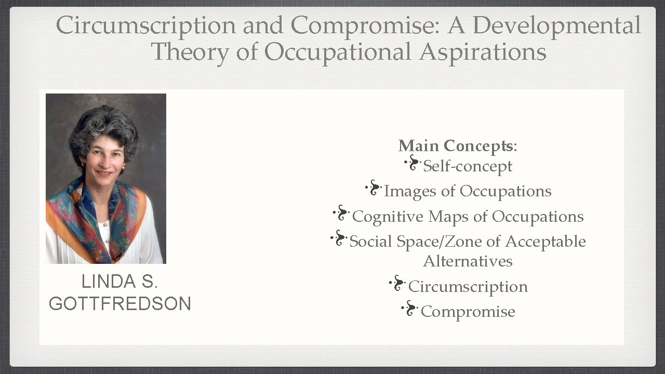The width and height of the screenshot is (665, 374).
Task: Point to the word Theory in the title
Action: click(189, 52)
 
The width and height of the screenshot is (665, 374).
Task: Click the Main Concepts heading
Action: click(457, 146)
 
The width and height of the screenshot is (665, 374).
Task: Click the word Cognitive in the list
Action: click(388, 217)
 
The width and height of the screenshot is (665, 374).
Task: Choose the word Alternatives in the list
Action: click(468, 261)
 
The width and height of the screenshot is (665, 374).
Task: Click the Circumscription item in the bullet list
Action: click(468, 286)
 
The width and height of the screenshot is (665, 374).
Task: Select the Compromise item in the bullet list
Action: click(468, 312)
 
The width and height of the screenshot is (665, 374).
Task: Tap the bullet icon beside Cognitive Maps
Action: click(341, 213)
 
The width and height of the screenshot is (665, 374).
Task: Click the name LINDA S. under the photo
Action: click(119, 282)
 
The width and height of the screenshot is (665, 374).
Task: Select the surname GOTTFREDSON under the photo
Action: click(120, 304)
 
